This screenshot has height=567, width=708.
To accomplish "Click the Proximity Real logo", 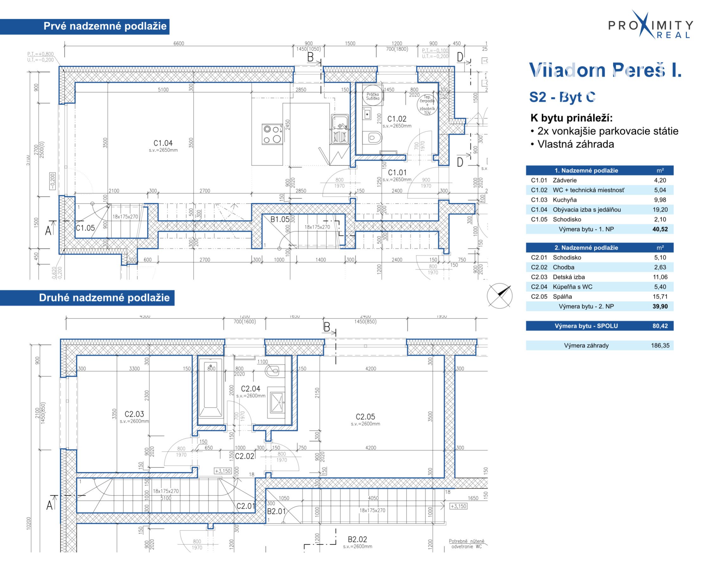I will [x=650, y=26].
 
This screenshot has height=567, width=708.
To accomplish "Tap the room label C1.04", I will [x=163, y=143].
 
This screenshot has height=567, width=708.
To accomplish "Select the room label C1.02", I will [x=397, y=119].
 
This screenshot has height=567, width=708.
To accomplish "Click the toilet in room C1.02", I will [x=372, y=138].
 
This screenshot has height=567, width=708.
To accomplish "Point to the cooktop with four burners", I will [x=272, y=134].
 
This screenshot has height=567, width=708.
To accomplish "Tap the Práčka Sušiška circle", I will [x=373, y=96].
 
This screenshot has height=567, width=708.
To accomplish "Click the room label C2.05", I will [x=365, y=417].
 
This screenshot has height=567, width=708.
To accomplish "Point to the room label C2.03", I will [x=134, y=414].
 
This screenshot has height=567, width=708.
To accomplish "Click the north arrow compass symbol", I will [x=499, y=296].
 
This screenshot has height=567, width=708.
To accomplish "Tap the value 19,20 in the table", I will [x=660, y=209].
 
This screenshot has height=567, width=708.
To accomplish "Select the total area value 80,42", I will [x=660, y=326].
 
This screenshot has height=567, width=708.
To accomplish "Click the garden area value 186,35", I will [x=660, y=345].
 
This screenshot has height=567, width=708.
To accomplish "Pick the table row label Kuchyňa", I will [x=565, y=200].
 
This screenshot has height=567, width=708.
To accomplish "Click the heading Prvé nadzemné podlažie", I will [x=105, y=26].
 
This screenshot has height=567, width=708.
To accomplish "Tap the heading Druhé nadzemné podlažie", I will [x=104, y=298].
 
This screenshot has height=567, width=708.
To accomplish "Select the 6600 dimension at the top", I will [x=179, y=43].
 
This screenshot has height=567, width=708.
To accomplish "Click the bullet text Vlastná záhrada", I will [x=575, y=144].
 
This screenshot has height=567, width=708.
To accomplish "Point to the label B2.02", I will [x=357, y=539].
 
